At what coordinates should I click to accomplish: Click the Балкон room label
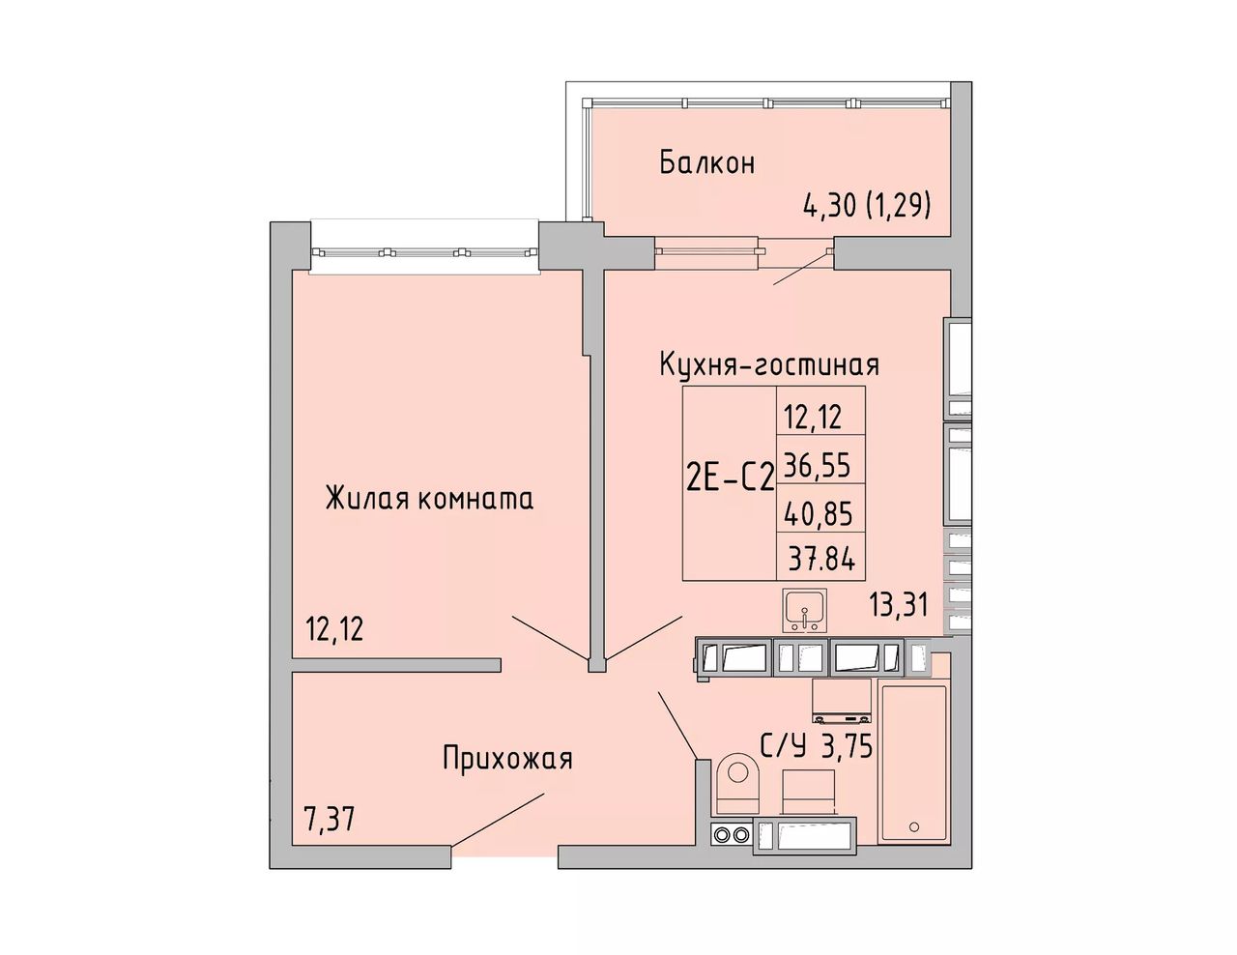[707, 162]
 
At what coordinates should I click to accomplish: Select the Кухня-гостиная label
[769, 364]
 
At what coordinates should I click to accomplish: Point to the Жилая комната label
[429, 499]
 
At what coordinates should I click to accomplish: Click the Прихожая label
[507, 759]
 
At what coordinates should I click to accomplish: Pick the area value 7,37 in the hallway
[330, 820]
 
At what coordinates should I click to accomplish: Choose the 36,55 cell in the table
[817, 466]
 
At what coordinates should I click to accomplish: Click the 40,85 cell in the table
[818, 515]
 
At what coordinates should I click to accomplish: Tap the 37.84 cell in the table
[821, 562]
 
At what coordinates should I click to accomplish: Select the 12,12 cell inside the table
[814, 419]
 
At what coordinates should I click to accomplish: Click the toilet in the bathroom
[738, 784]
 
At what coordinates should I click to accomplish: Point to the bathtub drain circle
[914, 826]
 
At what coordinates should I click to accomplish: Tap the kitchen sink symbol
[804, 611]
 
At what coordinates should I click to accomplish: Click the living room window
[424, 251]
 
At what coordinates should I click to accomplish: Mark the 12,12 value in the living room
[334, 629]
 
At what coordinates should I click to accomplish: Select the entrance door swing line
[499, 821]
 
